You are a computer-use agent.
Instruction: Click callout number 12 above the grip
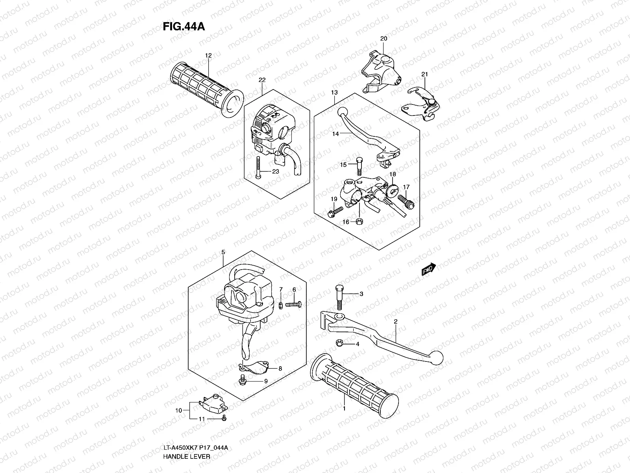tap(208, 56)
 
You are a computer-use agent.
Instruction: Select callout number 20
tap(384, 38)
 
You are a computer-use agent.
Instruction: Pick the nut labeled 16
tap(359, 222)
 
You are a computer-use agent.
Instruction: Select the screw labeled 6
tap(293, 304)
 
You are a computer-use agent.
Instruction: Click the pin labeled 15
tap(359, 166)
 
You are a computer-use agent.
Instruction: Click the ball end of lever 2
tap(437, 357)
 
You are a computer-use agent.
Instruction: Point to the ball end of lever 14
tap(343, 112)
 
